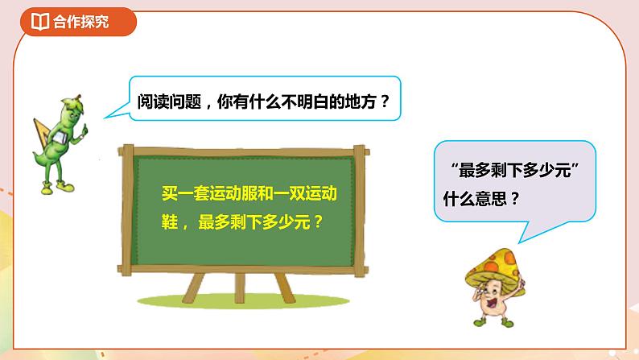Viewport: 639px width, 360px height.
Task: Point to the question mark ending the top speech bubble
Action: click(383, 101)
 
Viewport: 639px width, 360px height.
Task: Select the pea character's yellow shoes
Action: click(52, 188)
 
